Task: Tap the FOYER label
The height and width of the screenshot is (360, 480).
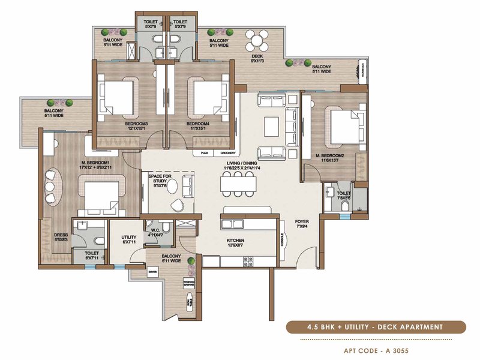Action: [x=302, y=224]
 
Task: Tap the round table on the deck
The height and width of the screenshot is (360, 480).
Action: [x=258, y=43]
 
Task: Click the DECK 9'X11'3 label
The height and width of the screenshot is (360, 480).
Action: [x=258, y=58]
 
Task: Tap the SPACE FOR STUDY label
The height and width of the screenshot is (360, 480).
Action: [x=160, y=179]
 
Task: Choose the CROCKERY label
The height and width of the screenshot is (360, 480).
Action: [x=220, y=153]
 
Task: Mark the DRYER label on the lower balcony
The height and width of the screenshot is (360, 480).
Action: [x=153, y=272]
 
